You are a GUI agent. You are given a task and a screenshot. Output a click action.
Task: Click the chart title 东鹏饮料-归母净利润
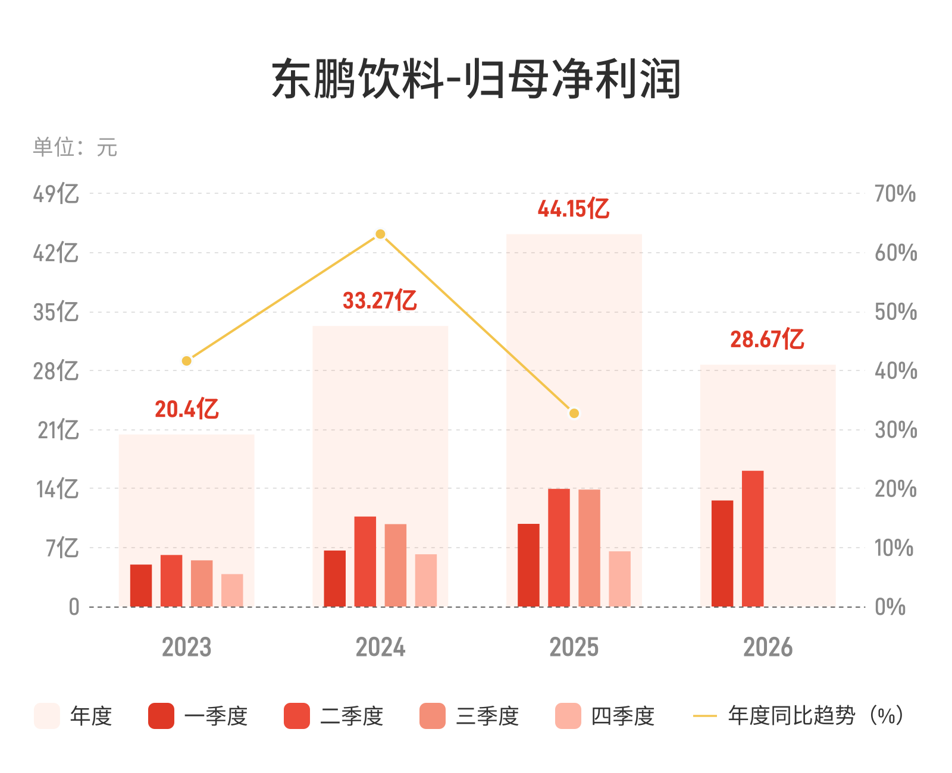click(476, 78)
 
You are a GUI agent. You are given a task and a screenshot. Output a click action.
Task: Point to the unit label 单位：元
click(75, 147)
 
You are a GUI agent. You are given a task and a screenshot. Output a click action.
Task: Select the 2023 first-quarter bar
click(141, 586)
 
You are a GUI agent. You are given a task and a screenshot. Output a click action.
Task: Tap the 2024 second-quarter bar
click(365, 561)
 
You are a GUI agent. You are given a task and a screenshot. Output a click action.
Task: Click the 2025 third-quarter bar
click(589, 548)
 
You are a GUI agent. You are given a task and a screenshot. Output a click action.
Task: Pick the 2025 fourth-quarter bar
click(619, 579)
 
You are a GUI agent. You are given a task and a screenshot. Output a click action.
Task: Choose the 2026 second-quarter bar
click(753, 539)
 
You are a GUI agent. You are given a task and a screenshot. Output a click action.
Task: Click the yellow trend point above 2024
click(380, 234)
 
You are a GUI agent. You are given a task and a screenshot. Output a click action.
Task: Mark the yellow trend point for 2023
click(187, 361)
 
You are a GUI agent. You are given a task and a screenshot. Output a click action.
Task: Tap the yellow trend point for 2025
click(574, 413)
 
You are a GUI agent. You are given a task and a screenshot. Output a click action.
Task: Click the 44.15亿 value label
click(574, 209)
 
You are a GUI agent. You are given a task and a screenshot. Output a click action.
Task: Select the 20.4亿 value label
click(187, 409)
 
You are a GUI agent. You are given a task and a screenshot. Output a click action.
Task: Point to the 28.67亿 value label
click(768, 339)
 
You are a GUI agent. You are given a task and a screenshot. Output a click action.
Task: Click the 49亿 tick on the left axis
click(56, 193)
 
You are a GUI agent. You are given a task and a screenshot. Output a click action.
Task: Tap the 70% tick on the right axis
click(895, 194)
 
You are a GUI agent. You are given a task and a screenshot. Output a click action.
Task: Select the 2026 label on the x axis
click(768, 647)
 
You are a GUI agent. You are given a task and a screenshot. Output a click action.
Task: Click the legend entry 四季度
click(622, 716)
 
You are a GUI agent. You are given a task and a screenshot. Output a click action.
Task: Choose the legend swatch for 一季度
click(161, 716)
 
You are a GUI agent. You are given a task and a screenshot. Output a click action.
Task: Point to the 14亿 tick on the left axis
click(57, 489)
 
